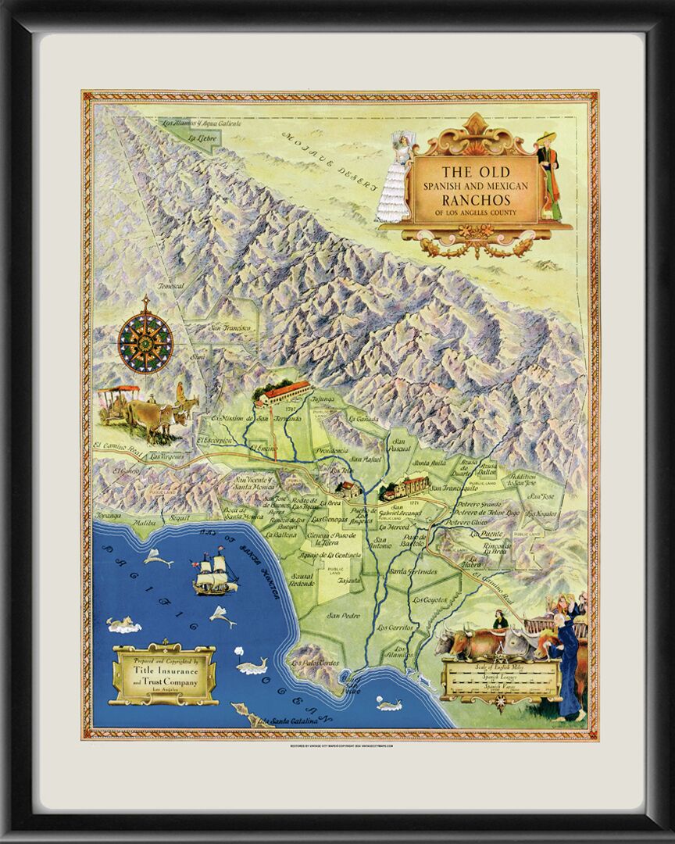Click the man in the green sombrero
click(549, 176)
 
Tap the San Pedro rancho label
click(344, 614)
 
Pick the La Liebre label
click(202, 138)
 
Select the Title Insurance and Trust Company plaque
click(164, 674)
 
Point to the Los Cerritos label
click(395, 627)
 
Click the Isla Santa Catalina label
click(294, 721)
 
